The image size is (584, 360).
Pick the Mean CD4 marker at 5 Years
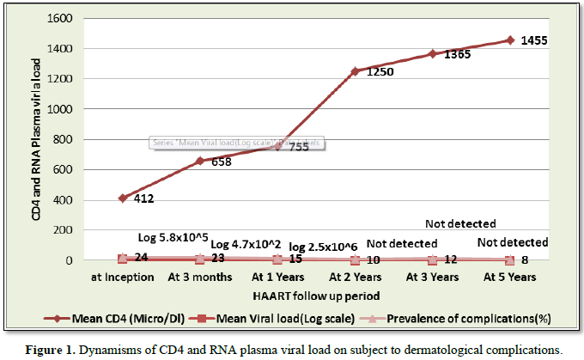click(x=510, y=40)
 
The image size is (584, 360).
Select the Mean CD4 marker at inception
click(x=123, y=198)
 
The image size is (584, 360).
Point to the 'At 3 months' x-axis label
click(x=200, y=278)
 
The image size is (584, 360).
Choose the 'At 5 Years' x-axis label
click(x=510, y=278)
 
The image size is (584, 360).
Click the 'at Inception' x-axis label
click(x=123, y=278)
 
